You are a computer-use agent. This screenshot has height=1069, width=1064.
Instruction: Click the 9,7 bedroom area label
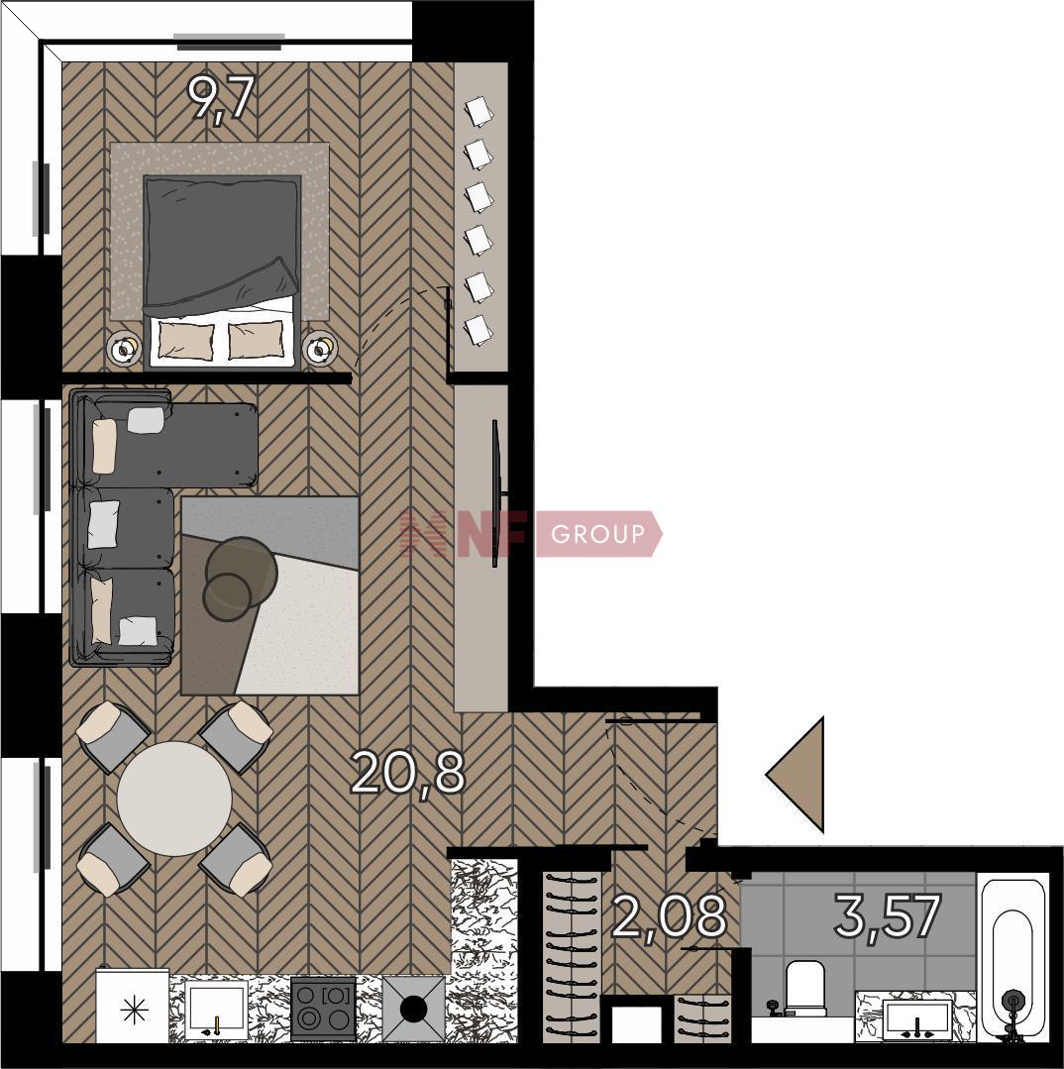click(222, 99)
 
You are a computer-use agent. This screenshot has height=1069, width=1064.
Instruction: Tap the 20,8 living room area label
click(408, 773)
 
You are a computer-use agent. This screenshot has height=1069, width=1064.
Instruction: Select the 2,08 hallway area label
click(669, 916)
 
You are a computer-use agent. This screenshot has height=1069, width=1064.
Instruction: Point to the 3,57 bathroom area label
click(888, 914)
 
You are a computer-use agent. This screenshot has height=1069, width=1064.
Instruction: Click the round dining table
click(174, 799)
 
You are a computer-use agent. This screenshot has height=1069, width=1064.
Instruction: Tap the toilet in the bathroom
click(805, 987)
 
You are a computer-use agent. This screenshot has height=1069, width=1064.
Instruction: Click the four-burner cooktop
click(324, 1009)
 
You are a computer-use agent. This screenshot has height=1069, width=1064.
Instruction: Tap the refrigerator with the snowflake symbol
click(132, 1007)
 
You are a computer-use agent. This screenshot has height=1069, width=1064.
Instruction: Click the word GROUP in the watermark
click(597, 534)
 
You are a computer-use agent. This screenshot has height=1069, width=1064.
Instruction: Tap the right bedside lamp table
click(319, 350)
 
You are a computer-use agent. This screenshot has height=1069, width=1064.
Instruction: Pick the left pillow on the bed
click(186, 340)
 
